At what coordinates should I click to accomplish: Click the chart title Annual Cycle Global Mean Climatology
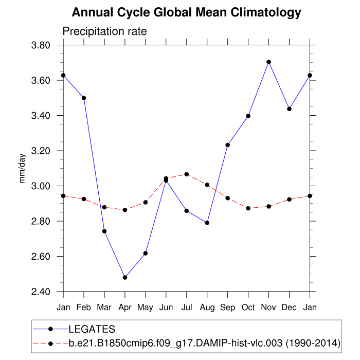pyautogui.click(x=186, y=12)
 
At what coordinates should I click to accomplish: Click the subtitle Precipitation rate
pyautogui.click(x=104, y=31)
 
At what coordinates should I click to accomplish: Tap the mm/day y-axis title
pyautogui.click(x=23, y=168)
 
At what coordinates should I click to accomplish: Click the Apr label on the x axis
pyautogui.click(x=124, y=307)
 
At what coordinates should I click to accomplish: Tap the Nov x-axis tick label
pyautogui.click(x=268, y=307)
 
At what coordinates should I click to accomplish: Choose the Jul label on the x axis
pyautogui.click(x=186, y=307)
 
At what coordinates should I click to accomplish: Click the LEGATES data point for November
pyautogui.click(x=268, y=62)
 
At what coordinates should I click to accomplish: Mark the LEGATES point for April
pyautogui.click(x=124, y=278)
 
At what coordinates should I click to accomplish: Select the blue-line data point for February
pyautogui.click(x=84, y=98)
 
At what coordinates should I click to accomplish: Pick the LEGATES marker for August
pyautogui.click(x=207, y=223)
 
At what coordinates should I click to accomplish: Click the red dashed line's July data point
pyautogui.click(x=186, y=174)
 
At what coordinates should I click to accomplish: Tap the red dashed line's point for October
pyautogui.click(x=248, y=208)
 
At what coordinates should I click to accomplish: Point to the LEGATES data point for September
pyautogui.click(x=227, y=145)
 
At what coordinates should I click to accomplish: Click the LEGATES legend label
pyautogui.click(x=92, y=329)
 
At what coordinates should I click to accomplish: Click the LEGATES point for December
pyautogui.click(x=289, y=109)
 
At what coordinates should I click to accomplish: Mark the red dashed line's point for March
pyautogui.click(x=104, y=207)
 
